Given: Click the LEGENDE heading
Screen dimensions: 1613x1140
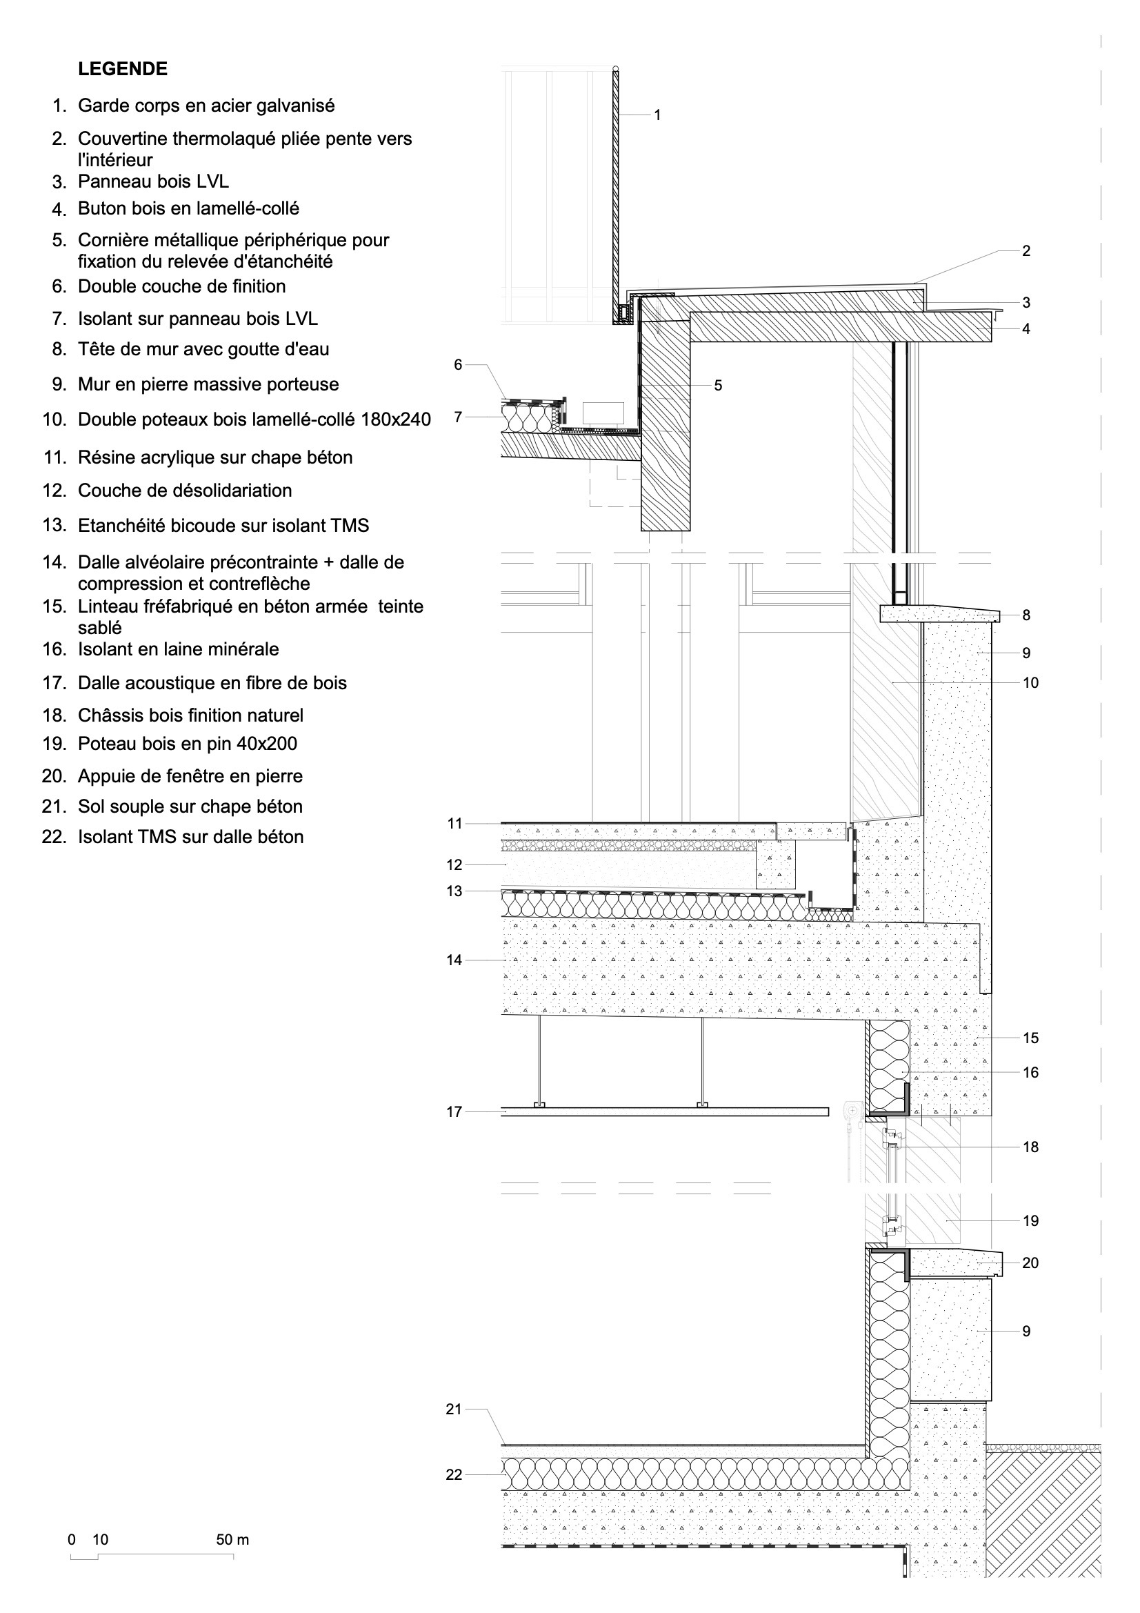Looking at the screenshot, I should [123, 69].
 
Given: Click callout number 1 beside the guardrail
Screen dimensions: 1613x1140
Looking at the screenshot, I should [657, 115].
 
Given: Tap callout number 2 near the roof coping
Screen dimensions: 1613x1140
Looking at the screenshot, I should [1026, 251].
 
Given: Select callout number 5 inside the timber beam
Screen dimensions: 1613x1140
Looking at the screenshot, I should [718, 386].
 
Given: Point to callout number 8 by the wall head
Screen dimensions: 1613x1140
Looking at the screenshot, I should [1026, 615].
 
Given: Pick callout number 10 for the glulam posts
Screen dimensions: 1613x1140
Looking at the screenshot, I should [1030, 683].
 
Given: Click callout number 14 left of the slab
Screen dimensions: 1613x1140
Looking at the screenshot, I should [454, 960].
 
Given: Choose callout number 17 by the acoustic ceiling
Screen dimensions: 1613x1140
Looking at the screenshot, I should [454, 1112].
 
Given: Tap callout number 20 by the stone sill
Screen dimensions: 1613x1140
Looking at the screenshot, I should [1030, 1263].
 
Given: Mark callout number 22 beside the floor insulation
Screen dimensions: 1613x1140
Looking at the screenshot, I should [454, 1474].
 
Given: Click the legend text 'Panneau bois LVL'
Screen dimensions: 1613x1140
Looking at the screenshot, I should [153, 181].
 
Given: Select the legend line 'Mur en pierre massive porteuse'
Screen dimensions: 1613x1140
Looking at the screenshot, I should [208, 384].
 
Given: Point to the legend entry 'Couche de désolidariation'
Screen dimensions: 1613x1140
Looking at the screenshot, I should [185, 491].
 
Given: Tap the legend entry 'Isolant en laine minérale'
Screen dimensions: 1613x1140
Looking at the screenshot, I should [179, 649].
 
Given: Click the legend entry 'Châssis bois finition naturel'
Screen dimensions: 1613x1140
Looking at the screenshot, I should [190, 715].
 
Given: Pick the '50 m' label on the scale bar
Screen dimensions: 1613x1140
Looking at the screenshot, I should [232, 1540].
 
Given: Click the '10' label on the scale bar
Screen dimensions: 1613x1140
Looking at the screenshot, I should [101, 1540].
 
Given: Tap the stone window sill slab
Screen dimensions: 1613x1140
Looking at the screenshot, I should [955, 1263].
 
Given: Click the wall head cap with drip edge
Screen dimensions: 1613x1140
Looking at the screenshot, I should [941, 615].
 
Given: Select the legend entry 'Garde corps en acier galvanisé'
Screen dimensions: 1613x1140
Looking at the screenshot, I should [206, 106].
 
